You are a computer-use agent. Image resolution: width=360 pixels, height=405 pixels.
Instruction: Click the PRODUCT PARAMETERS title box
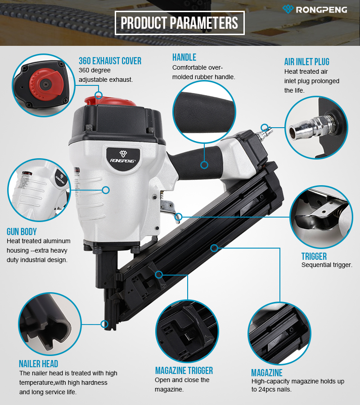(180, 23)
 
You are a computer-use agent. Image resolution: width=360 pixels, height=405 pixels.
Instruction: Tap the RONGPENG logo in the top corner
(315, 9)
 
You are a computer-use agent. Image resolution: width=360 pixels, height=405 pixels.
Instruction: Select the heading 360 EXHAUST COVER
(110, 61)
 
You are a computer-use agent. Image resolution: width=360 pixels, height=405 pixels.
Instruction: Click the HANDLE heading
(184, 58)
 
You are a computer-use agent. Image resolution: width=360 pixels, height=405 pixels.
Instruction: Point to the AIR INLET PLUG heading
(307, 62)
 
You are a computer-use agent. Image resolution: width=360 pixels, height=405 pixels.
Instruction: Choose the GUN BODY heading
(22, 231)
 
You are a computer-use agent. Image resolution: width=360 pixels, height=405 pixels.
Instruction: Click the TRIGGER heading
(314, 257)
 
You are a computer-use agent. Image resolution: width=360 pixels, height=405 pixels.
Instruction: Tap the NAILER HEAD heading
(39, 364)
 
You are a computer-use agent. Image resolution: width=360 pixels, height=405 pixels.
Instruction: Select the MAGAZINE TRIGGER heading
(184, 371)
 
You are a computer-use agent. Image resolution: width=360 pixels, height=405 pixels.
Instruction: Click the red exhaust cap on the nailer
(110, 101)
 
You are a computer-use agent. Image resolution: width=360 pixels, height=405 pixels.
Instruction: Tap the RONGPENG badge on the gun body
(123, 158)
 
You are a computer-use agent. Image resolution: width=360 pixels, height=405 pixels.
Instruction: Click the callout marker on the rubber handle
(204, 165)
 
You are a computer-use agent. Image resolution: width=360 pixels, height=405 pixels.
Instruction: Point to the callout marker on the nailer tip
(104, 324)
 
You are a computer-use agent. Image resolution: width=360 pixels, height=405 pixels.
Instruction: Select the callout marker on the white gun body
(106, 190)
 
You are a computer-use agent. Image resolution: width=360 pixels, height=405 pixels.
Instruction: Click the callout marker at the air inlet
(264, 127)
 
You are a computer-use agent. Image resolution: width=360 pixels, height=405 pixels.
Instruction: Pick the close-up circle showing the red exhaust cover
(44, 85)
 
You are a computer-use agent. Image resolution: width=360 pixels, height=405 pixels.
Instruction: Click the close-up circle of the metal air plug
(316, 128)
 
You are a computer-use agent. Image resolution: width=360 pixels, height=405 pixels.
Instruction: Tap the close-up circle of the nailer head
(50, 324)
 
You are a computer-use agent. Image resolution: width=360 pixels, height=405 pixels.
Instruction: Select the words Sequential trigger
(327, 265)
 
